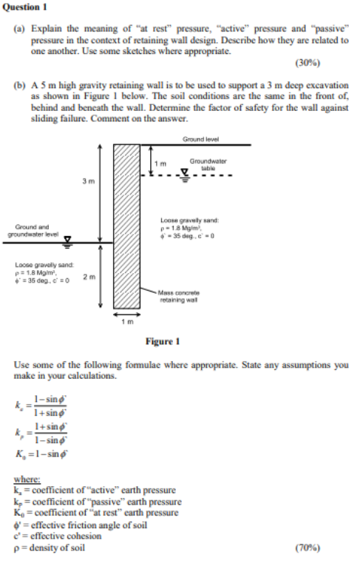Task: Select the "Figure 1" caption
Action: (x=163, y=342)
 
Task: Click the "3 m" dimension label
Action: (x=88, y=180)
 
